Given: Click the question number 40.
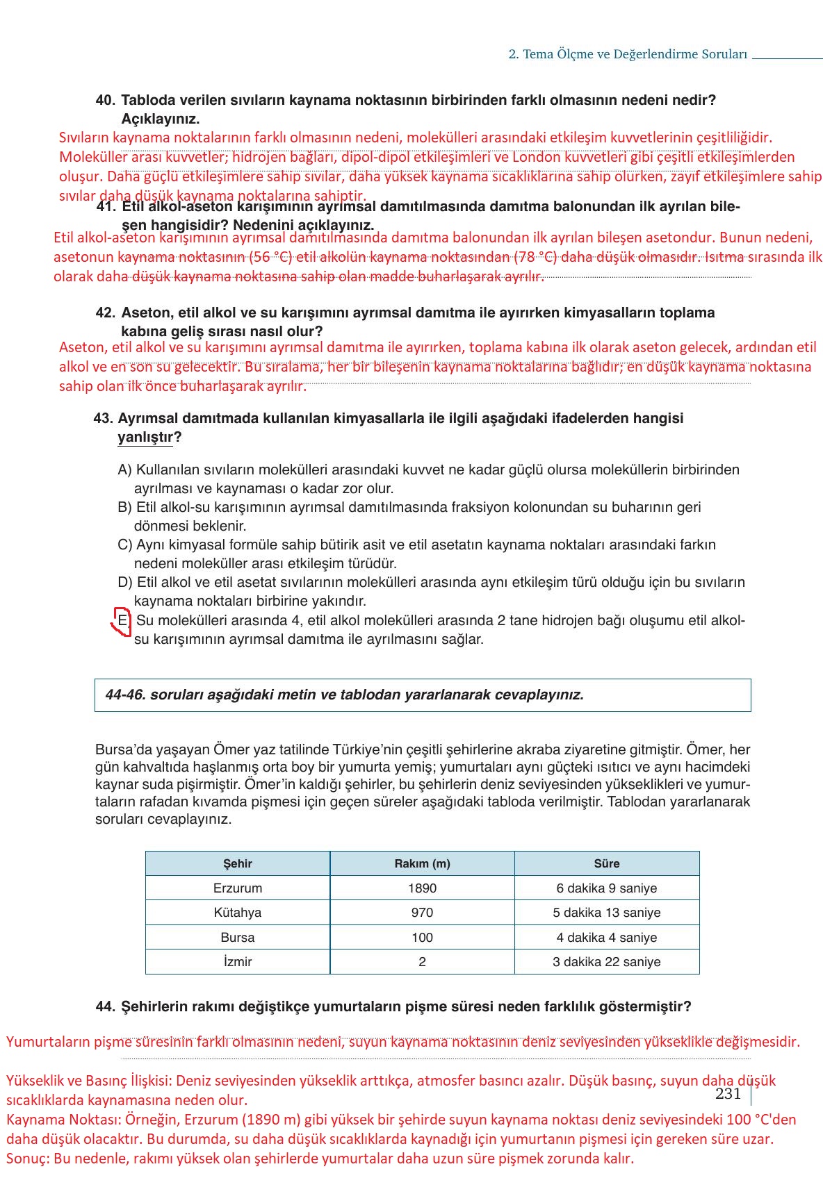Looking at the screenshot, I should pos(105,100).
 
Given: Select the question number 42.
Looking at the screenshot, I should pos(105,313).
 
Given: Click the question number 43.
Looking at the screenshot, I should pos(103,418).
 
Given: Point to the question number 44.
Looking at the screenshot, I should pos(105,1006).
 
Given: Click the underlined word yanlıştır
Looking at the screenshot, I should pos(145,438).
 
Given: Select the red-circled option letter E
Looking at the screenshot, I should pos(122,620).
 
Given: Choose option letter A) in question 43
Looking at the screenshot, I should pos(124,470).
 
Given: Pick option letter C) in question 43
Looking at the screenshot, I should pos(124,545).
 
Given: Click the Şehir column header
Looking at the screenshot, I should pos(237,863).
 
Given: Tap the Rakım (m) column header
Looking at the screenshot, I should pos(422,863).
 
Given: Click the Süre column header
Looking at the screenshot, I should pos(606,863).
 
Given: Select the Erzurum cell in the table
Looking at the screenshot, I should pos(237,888).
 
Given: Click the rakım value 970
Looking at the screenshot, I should pos(422,913).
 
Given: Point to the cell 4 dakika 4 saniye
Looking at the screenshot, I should pos(606,938).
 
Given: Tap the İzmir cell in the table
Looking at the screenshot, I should pos(237,962).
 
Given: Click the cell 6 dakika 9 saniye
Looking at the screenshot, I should pos(606,888).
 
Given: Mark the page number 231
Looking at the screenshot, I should pos(728,1094).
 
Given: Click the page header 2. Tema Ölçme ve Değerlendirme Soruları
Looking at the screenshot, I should pos(628,54).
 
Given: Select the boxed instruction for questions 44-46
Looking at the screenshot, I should pos(423,695).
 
